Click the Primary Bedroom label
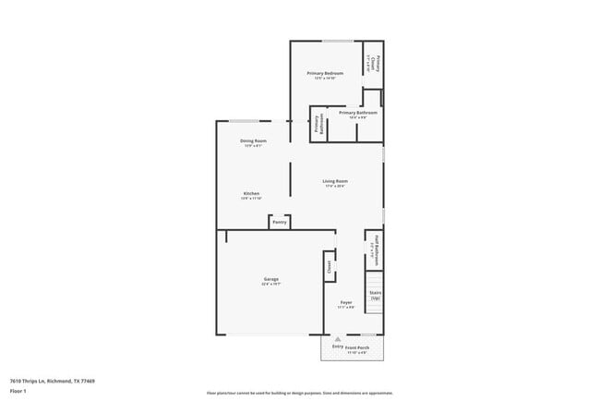(x=325, y=73)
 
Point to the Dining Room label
(x=254, y=140)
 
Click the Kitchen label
(x=251, y=193)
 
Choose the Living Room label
(x=334, y=181)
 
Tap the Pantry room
(x=280, y=222)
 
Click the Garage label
(x=271, y=279)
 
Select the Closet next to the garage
(x=329, y=266)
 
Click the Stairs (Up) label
(x=376, y=295)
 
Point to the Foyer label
(x=346, y=302)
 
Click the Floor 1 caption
(x=18, y=391)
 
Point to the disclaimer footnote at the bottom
(x=300, y=392)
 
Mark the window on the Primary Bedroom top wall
(x=337, y=41)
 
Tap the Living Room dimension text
(x=334, y=187)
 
